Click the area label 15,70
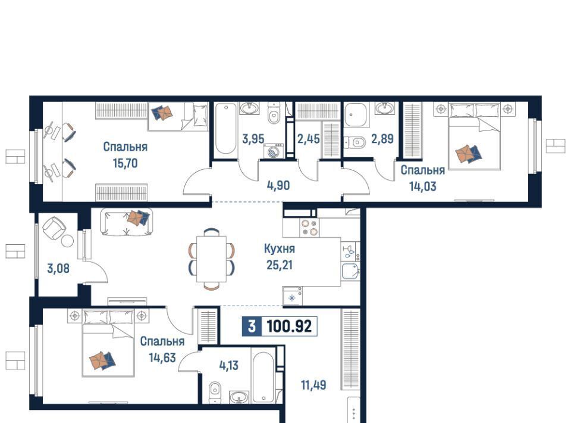click(126, 163)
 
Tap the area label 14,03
click(422, 186)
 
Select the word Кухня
click(280, 248)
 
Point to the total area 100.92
click(290, 326)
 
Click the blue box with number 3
click(252, 326)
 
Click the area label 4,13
click(228, 365)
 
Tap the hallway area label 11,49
click(313, 385)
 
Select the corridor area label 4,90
click(278, 185)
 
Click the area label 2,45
click(309, 139)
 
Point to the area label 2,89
click(382, 139)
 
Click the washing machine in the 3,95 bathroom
click(274, 151)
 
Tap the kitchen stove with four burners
click(309, 228)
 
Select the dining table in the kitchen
click(212, 259)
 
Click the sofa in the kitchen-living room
click(126, 222)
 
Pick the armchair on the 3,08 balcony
click(54, 228)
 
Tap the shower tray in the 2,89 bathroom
click(356, 114)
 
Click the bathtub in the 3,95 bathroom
click(225, 129)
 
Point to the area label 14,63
click(162, 357)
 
